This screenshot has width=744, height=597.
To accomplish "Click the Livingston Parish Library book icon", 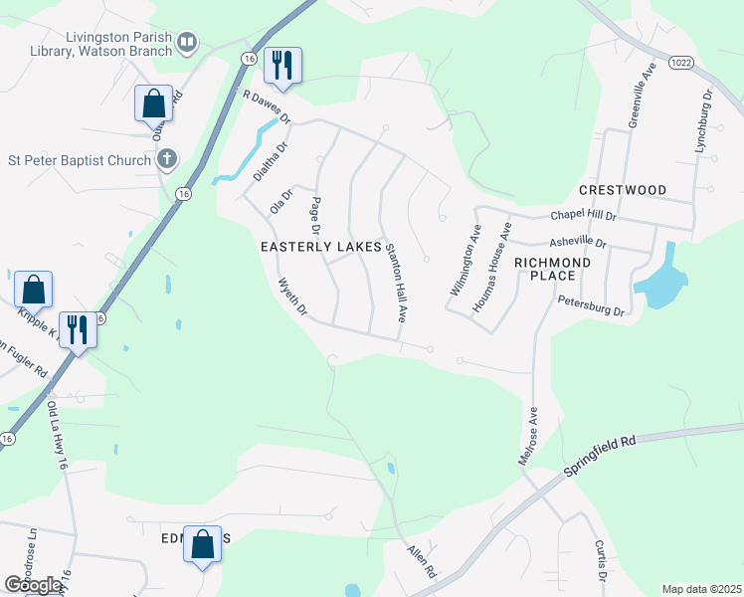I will [186, 42].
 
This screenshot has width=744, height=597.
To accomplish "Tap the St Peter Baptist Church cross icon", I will [167, 158].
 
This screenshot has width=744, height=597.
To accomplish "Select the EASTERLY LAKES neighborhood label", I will [321, 246].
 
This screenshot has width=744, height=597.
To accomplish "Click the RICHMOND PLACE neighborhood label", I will [552, 269].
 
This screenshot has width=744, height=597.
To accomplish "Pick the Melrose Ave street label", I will [527, 435].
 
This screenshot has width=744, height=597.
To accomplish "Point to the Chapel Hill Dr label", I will [584, 216].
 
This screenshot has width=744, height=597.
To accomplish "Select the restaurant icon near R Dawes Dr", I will [282, 66].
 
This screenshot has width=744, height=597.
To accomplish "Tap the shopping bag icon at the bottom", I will [202, 544].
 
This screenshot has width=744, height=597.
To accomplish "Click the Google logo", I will [34, 585].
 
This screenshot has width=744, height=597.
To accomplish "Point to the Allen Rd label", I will [422, 560].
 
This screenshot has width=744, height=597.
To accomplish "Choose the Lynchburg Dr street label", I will [704, 121].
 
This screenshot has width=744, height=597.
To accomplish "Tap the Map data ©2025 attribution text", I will [701, 589].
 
